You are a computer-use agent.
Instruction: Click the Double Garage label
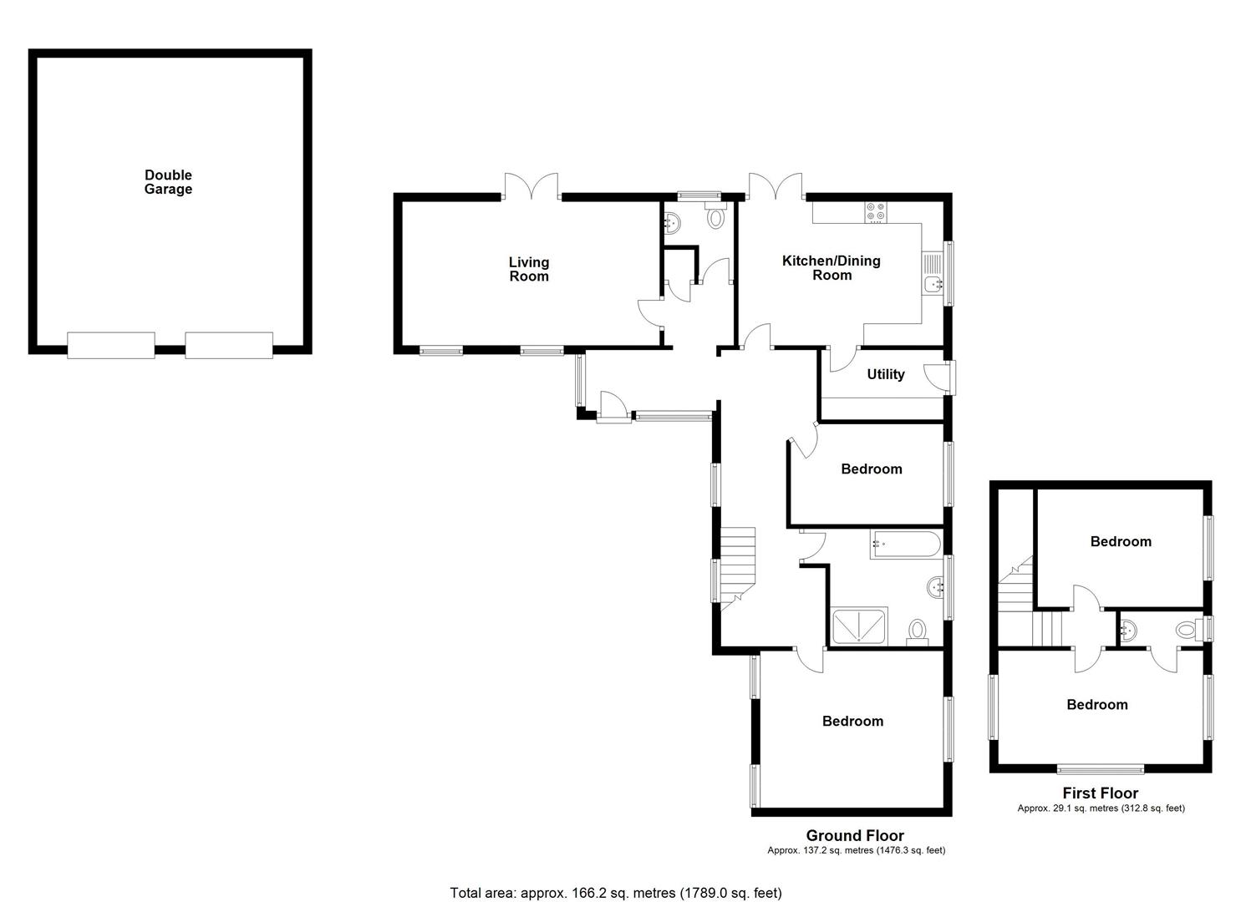coord(168,182)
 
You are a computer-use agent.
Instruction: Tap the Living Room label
coord(529,269)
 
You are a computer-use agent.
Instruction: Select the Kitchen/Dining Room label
coord(831,267)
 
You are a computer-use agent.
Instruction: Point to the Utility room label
coord(885,374)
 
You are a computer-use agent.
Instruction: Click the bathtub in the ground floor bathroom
coord(905,545)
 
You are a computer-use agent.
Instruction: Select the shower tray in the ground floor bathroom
coord(860,626)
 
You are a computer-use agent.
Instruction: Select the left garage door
coord(111,345)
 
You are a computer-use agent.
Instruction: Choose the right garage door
coord(229,345)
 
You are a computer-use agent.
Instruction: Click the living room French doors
coord(531,185)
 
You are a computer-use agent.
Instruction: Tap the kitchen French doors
coord(776,185)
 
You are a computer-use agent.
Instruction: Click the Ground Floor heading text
coord(854,835)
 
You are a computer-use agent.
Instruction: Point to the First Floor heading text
coord(1100,793)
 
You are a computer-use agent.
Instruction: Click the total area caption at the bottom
coord(616,892)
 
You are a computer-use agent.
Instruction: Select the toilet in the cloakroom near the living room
coord(715,218)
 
